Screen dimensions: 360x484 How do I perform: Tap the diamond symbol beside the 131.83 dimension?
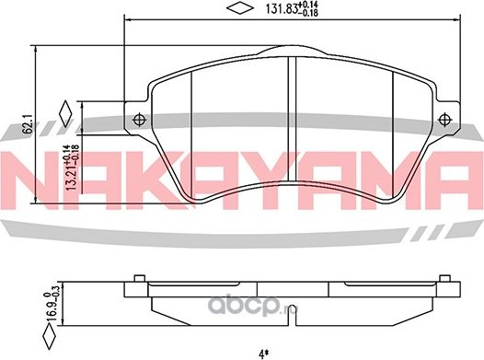coord(239,11)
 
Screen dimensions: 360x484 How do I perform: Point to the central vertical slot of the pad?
coord(291,92)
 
